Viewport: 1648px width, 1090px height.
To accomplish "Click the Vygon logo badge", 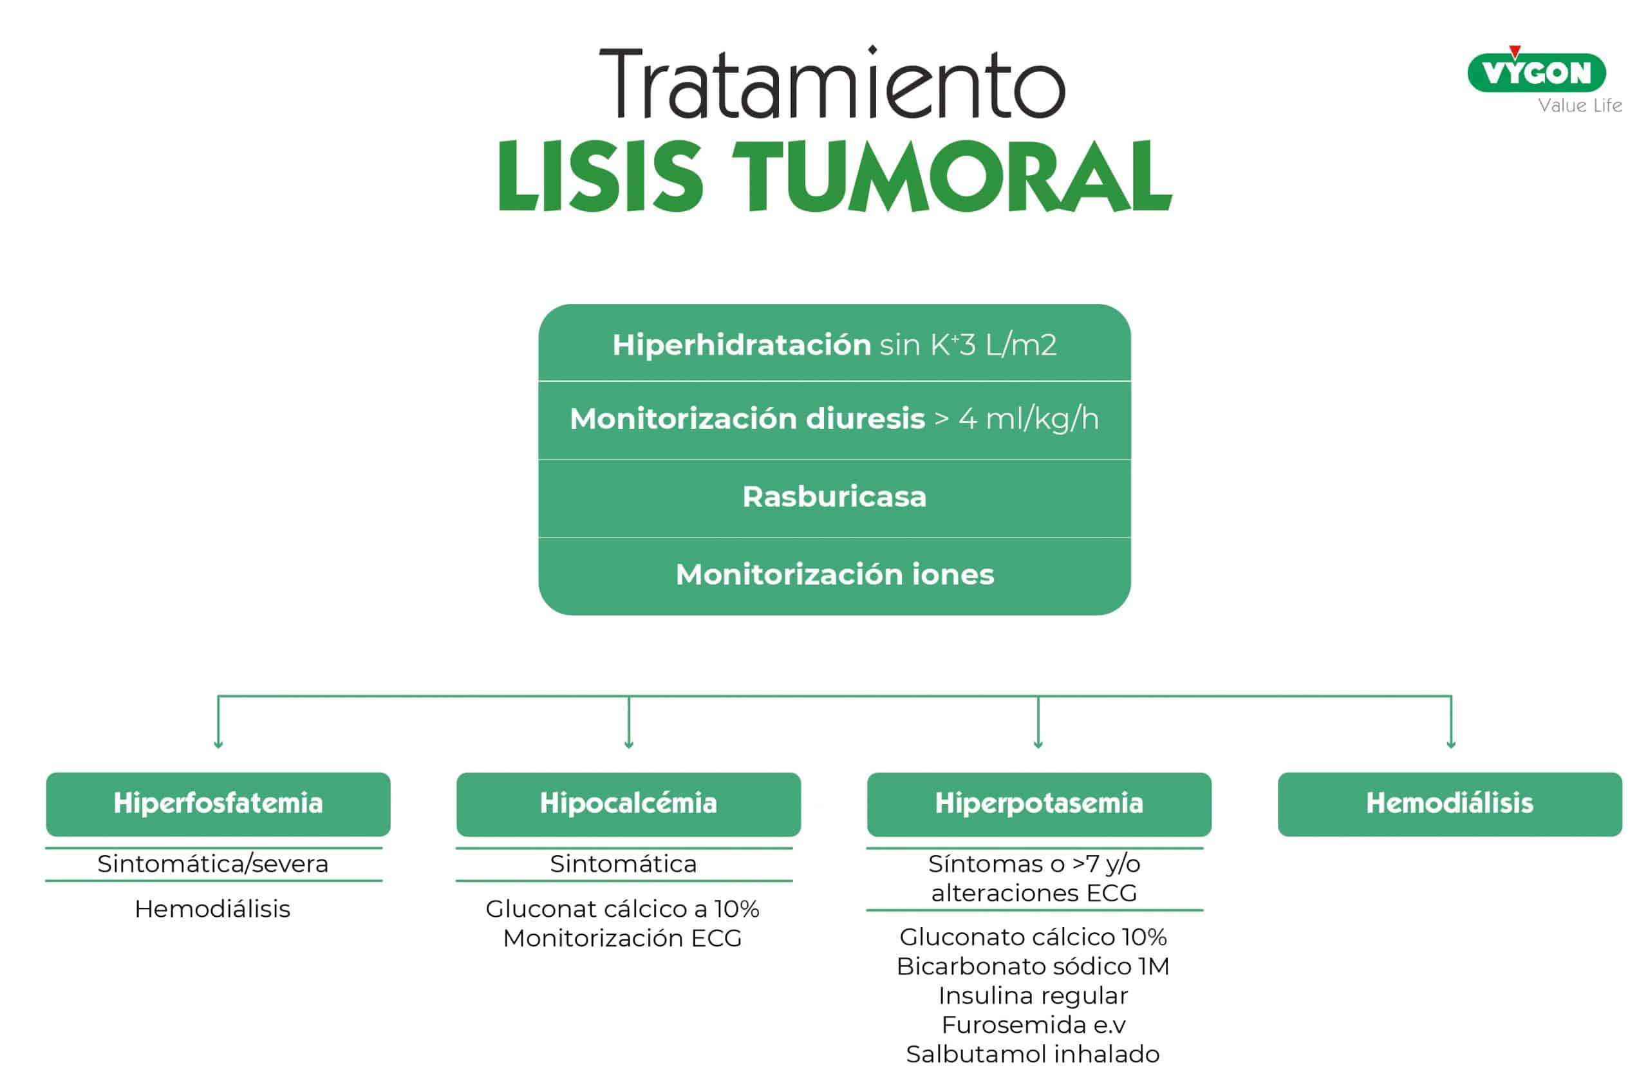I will [1535, 72].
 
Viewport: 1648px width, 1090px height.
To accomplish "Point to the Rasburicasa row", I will [834, 497].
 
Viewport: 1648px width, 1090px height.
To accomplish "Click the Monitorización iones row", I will [834, 575].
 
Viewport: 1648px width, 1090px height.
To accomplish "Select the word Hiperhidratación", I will [741, 345].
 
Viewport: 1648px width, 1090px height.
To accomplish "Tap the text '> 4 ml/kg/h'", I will [1016, 419].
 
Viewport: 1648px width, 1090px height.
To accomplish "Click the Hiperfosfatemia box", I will [218, 803].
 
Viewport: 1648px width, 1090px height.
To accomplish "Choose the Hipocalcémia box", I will [628, 803].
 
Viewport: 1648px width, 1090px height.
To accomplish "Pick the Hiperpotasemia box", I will [1038, 803].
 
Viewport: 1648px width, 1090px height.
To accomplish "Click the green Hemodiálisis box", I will [1449, 803].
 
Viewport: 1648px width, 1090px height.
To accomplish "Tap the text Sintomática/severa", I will [212, 864].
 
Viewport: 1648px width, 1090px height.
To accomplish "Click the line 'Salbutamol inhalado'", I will [1033, 1054].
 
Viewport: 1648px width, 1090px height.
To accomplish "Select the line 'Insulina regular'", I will [1033, 995].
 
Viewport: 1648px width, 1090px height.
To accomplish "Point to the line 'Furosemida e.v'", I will [1033, 1025].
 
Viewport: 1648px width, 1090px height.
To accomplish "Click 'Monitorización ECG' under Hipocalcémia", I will [623, 939].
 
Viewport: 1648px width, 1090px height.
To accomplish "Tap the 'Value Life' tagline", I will [1579, 106].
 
